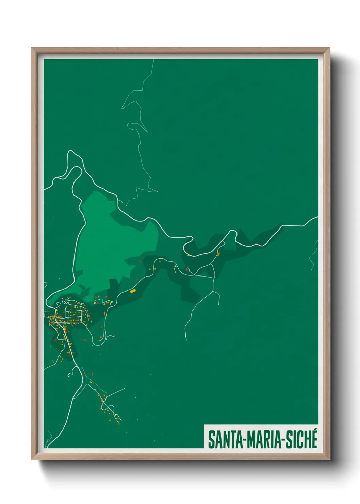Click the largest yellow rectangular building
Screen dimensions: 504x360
pos(133,291)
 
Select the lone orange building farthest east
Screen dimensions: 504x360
pos(218,254)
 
